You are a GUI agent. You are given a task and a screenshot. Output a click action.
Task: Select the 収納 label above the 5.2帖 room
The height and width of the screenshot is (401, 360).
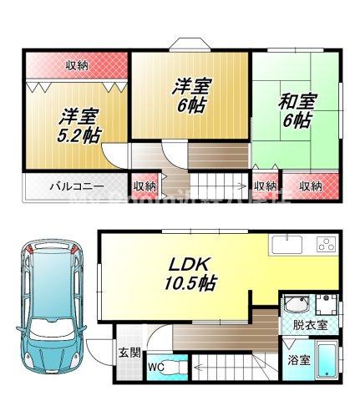coord(78,64)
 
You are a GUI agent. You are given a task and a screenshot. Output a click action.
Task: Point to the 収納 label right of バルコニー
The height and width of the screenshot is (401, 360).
coord(144,186)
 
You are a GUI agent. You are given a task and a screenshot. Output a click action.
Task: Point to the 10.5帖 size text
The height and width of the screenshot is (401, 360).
coord(187,283)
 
